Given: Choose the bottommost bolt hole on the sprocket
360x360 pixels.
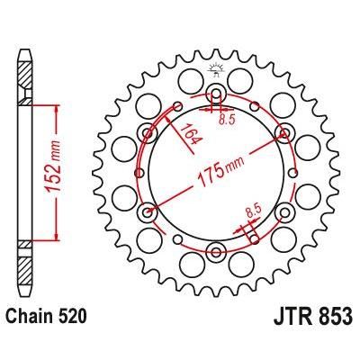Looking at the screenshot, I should pos(216,249).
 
